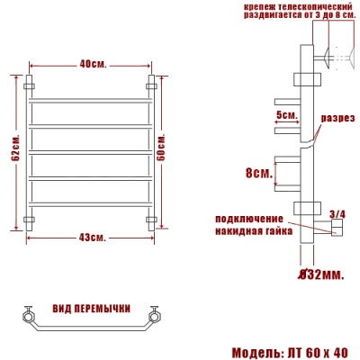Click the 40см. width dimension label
pos(91,64)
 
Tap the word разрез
pos(338,118)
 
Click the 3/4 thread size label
pos(337,213)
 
